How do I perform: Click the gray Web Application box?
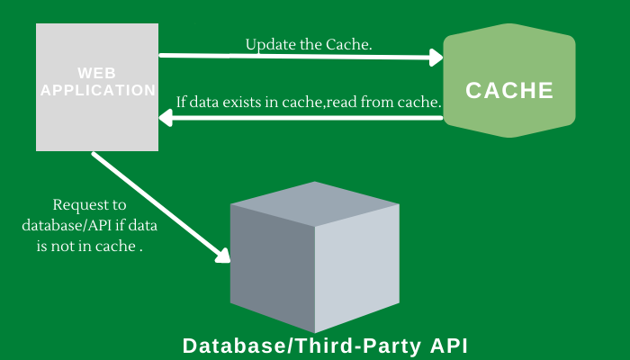[96, 117]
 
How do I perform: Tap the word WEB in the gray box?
[96, 72]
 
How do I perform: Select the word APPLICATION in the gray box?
[97, 90]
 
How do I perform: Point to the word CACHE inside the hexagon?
[509, 91]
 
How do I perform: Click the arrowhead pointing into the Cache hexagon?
[437, 58]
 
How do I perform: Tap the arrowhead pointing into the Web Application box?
[167, 117]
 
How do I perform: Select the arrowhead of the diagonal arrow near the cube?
[222, 256]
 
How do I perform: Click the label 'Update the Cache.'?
[309, 44]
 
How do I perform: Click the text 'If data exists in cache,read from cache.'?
[309, 102]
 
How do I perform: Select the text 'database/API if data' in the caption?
[87, 224]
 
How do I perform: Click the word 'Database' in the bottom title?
[224, 346]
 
